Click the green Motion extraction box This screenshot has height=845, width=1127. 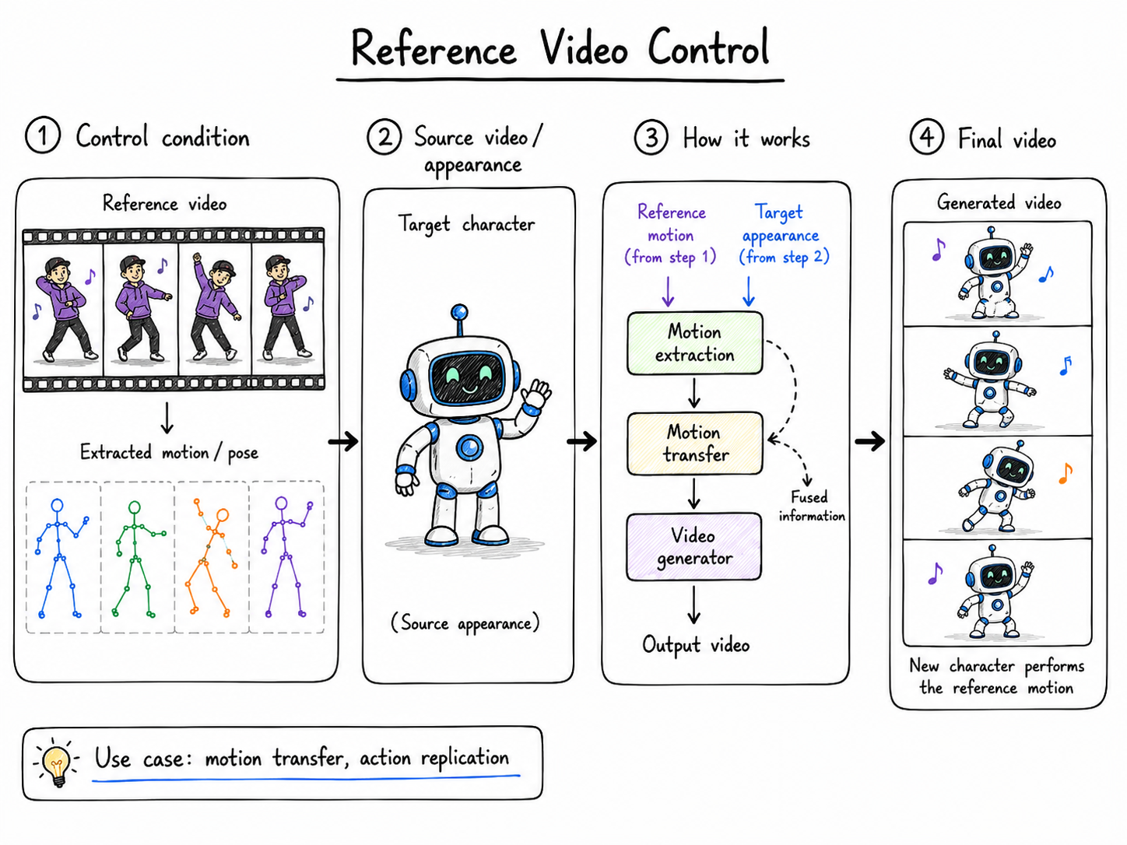pos(695,342)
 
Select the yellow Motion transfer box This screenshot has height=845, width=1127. pos(695,444)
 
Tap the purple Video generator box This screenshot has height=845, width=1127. pos(693,547)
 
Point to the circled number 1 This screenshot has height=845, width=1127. pos(43,135)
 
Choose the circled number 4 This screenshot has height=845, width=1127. pos(926,136)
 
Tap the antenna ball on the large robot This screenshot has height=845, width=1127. pos(459,311)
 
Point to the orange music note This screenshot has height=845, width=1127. pos(1066,474)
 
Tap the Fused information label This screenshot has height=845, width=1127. pos(811,506)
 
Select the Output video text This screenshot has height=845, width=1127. pos(696,645)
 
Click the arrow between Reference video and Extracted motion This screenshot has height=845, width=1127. pos(167,418)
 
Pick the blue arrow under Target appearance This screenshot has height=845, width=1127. pos(749,291)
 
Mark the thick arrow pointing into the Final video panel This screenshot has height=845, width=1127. pos(869,440)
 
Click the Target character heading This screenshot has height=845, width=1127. pos(466,225)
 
